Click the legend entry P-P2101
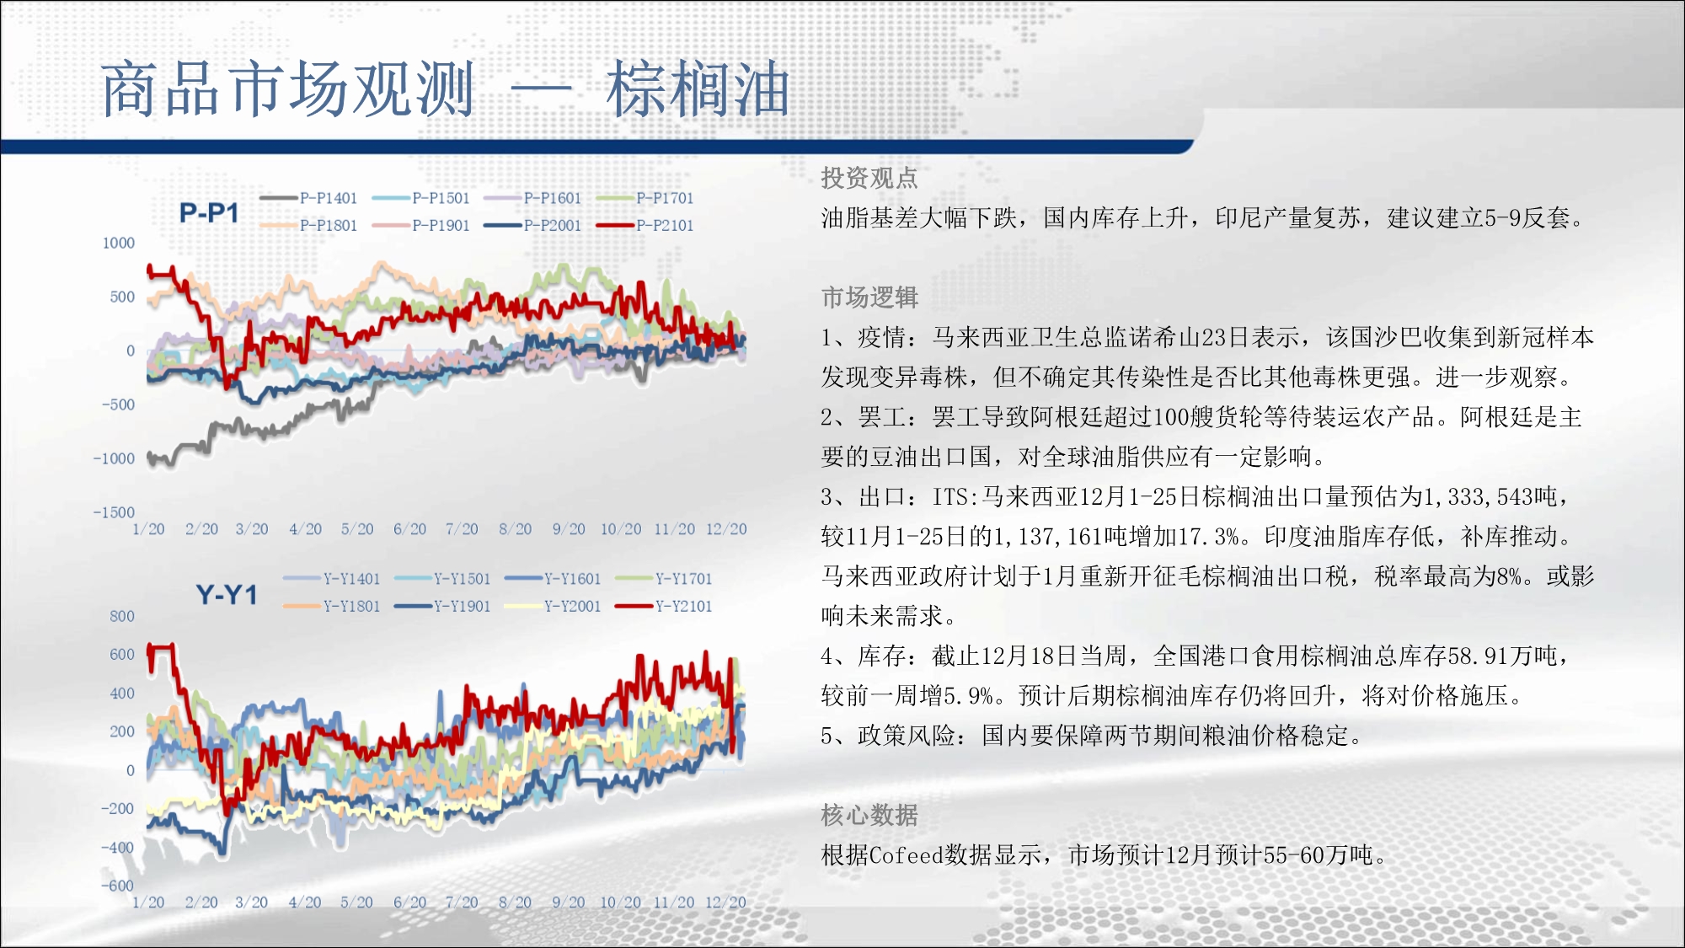pos(645,225)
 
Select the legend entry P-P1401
pos(308,198)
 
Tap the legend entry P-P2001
pos(532,225)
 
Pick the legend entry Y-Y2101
pos(664,606)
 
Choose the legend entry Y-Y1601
pos(553,579)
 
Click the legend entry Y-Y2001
pos(553,606)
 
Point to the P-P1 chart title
pos(209,213)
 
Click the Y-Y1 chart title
pos(227,595)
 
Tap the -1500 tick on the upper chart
pos(114,512)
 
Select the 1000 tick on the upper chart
pos(119,243)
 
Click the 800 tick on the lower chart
pos(122,616)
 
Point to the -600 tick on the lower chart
pos(118,886)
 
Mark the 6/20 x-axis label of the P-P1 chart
pos(410,529)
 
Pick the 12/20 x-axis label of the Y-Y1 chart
pos(725,902)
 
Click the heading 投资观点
pos(869,178)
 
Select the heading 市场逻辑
pos(869,297)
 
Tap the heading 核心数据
pos(869,815)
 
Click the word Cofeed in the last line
pos(907,855)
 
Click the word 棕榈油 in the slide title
pos(698,89)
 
